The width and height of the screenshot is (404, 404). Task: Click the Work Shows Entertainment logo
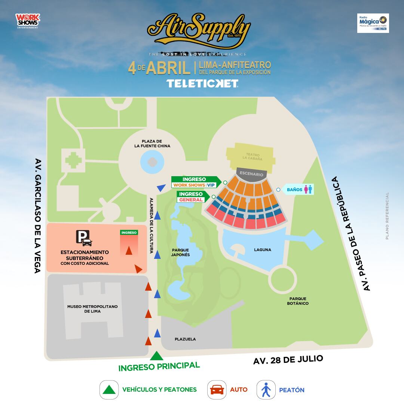[27, 21]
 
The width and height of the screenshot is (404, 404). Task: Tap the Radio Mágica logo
[373, 23]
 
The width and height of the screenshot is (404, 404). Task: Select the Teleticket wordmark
[202, 83]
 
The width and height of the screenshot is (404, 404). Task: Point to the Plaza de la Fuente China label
[152, 144]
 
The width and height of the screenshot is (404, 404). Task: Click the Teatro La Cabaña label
[252, 156]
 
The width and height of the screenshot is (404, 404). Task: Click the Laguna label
[262, 250]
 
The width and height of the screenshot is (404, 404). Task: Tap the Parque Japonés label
[181, 252]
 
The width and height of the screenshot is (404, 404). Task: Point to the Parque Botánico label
[298, 301]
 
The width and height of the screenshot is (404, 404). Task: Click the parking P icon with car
[84, 238]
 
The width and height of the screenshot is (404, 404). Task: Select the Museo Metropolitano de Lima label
[92, 309]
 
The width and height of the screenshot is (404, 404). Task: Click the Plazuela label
[185, 339]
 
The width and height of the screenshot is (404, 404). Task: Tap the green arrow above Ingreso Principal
[157, 356]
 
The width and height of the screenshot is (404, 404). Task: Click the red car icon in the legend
[217, 390]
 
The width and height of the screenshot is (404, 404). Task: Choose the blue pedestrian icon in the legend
[266, 390]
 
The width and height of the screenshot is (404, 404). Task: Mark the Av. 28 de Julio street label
[288, 360]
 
